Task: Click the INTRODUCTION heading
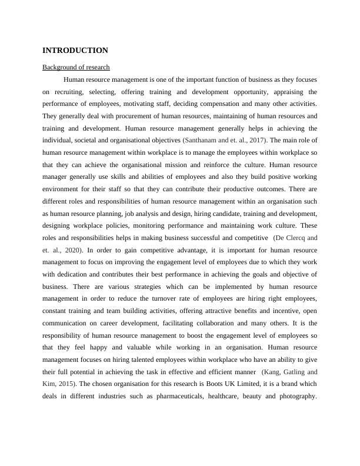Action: (x=75, y=51)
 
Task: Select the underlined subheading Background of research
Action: (x=76, y=67)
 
